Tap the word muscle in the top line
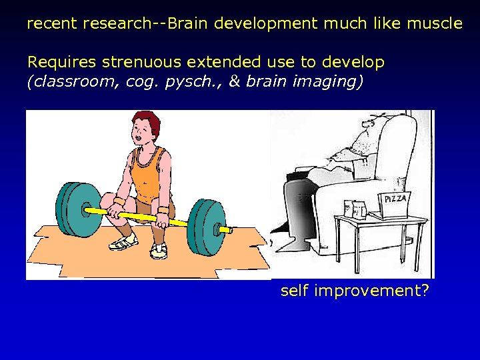click(433, 24)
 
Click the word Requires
click(62, 63)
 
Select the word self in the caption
click(294, 291)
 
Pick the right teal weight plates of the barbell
click(206, 227)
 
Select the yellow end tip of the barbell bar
click(225, 229)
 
